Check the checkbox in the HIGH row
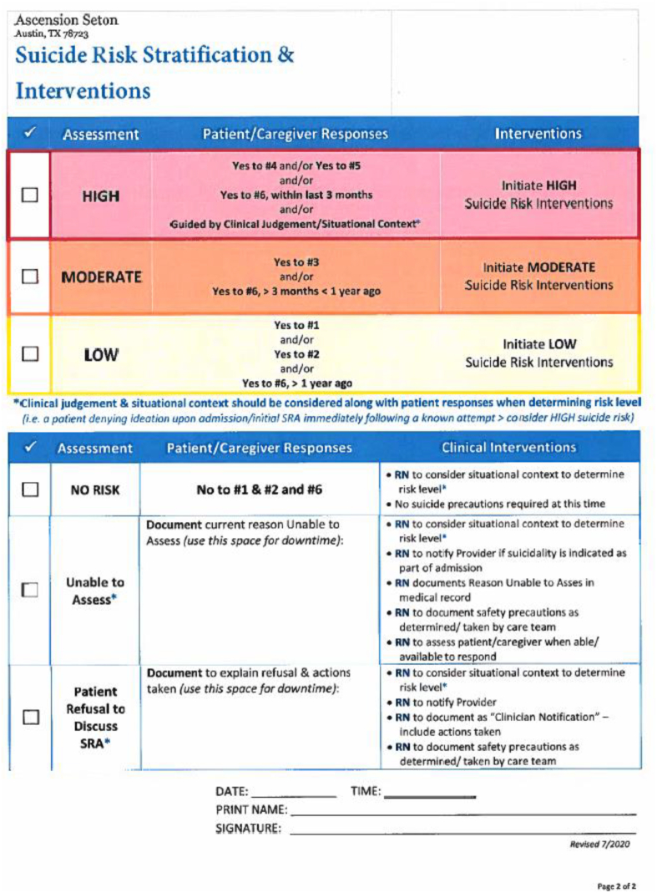click(x=30, y=195)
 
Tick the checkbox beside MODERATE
click(x=30, y=277)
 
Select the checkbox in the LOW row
click(x=30, y=353)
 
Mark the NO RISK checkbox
click(x=30, y=490)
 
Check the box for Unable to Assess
click(x=30, y=590)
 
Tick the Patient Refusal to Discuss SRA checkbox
click(x=30, y=717)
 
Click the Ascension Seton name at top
click(x=66, y=18)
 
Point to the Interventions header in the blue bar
click(x=538, y=133)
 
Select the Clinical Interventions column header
click(x=508, y=447)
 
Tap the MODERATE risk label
click(x=101, y=277)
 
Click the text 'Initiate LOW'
click(x=538, y=344)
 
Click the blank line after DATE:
click(x=293, y=793)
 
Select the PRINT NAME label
click(x=251, y=809)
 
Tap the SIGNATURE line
click(x=463, y=830)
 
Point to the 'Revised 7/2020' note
click(x=599, y=845)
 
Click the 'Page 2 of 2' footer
click(x=617, y=885)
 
